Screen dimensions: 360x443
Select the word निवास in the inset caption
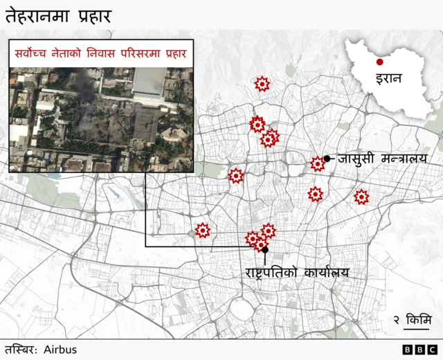click(111, 53)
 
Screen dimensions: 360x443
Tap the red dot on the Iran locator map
click(379, 62)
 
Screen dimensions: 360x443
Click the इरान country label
click(388, 78)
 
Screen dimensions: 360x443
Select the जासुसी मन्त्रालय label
click(383, 159)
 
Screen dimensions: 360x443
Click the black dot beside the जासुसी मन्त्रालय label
click(327, 159)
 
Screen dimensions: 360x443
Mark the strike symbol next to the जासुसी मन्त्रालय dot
click(318, 164)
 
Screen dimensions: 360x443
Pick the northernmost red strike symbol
click(262, 84)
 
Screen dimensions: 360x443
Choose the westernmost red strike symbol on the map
click(203, 230)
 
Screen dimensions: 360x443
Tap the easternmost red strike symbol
click(361, 197)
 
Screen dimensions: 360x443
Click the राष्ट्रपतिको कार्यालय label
click(297, 272)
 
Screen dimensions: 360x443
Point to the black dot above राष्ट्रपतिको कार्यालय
click(265, 249)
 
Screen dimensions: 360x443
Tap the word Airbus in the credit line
click(60, 350)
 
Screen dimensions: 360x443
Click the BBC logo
click(419, 350)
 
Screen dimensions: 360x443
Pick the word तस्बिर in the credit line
click(21, 350)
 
